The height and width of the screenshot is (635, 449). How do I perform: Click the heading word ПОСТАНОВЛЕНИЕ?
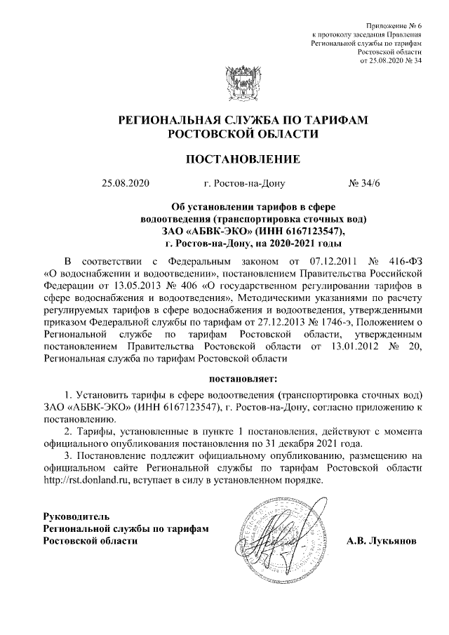coord(242,159)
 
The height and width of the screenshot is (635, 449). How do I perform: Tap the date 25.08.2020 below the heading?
coord(126,185)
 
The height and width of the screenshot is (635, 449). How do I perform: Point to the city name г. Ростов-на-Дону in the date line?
coord(244,185)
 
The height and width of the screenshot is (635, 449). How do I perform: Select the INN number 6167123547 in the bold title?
coord(313,231)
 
